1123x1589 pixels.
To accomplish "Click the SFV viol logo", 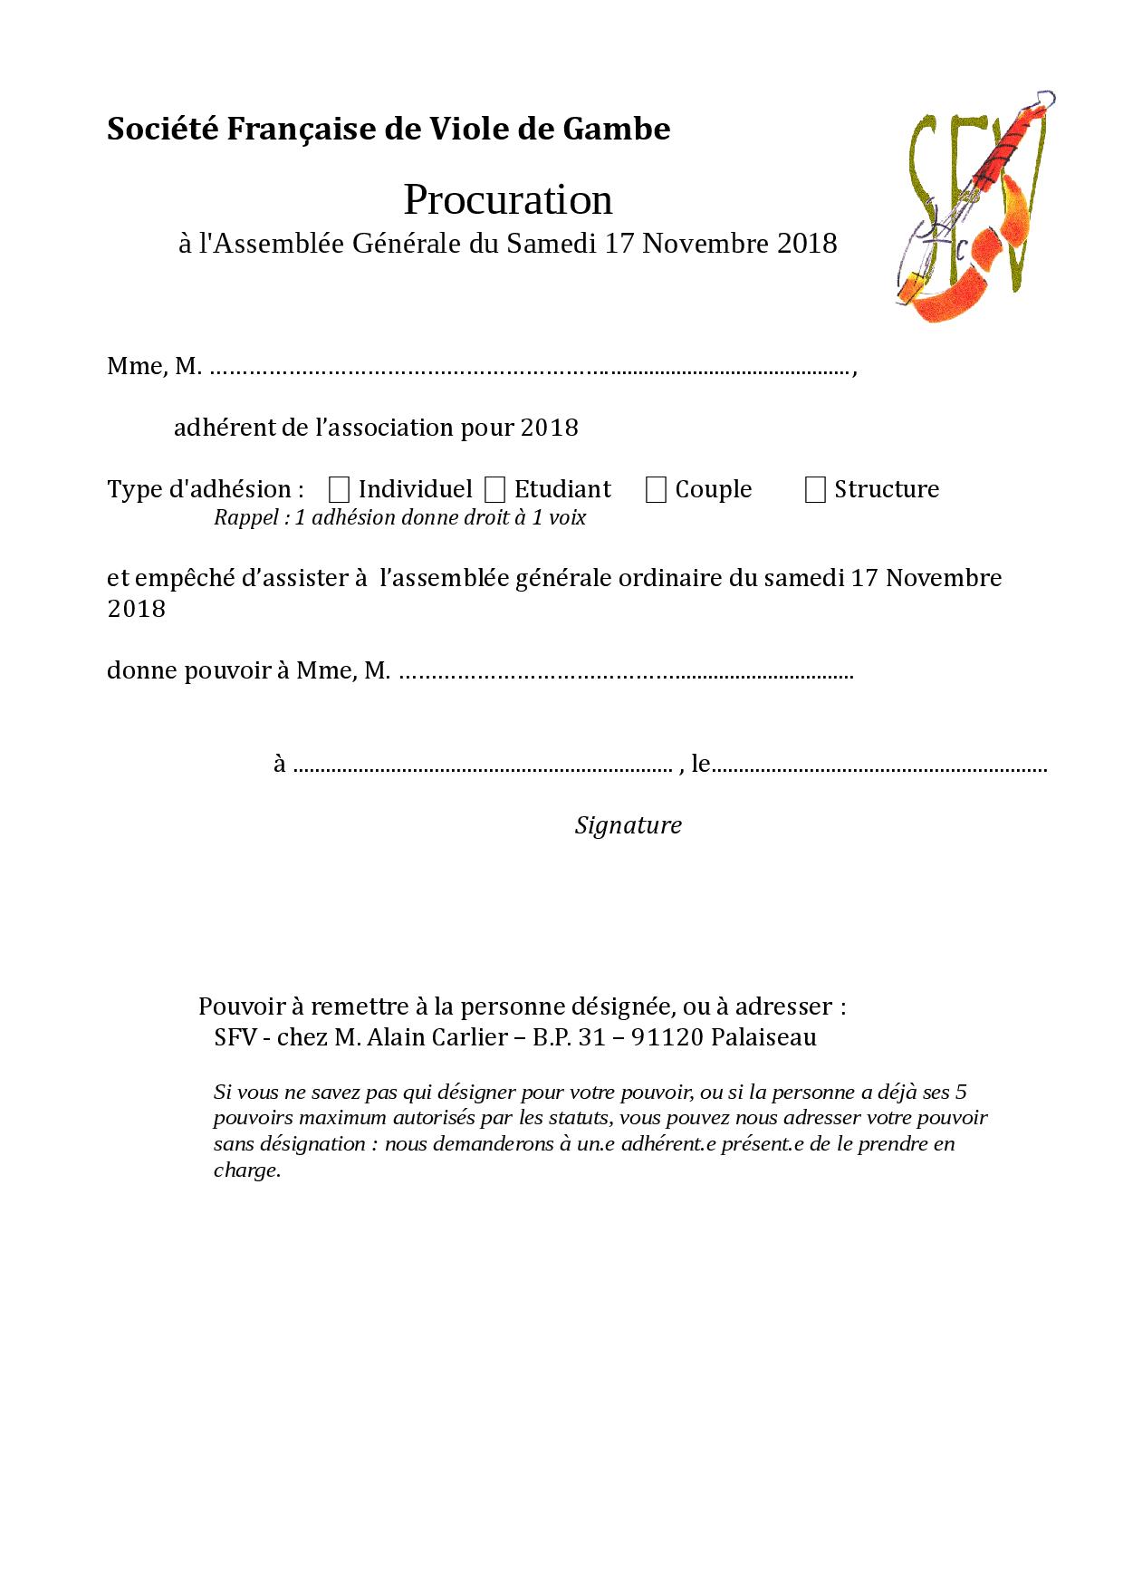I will pyautogui.click(x=974, y=207).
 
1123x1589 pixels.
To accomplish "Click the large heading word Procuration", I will pyautogui.click(x=507, y=199).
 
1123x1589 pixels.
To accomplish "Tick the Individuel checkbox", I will pyautogui.click(x=340, y=490).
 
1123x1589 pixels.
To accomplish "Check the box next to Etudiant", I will pyautogui.click(x=494, y=490).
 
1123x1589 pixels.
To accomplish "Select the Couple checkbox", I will pyautogui.click(x=656, y=490).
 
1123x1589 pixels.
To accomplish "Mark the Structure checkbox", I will pyautogui.click(x=815, y=490).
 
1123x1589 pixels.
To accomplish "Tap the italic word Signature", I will pyautogui.click(x=628, y=825).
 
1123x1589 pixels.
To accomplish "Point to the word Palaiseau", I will pyautogui.click(x=763, y=1037).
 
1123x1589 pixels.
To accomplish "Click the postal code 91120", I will pyautogui.click(x=667, y=1037).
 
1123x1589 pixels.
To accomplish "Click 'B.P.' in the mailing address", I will pyautogui.click(x=550, y=1037).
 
